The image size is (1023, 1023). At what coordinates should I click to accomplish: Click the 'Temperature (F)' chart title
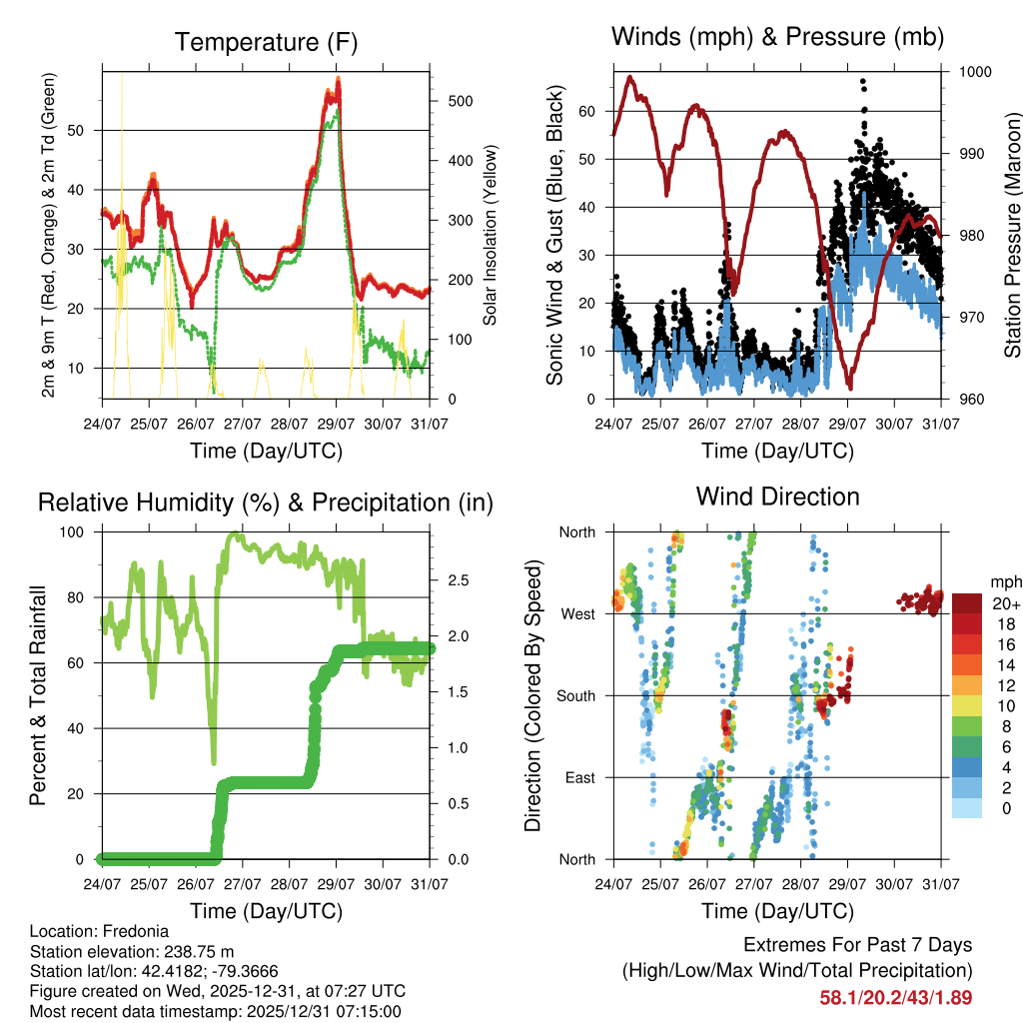[x=266, y=42]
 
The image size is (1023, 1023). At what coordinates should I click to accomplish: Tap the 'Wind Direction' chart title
[x=777, y=497]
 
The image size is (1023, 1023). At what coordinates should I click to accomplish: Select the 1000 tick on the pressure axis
[x=973, y=72]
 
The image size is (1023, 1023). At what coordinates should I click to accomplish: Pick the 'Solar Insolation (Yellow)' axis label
[x=490, y=236]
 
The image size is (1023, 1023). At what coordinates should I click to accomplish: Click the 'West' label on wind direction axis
[x=576, y=613]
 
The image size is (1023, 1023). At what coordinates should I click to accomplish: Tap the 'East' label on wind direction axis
[x=578, y=777]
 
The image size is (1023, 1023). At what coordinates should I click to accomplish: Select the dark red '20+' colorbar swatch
[x=967, y=603]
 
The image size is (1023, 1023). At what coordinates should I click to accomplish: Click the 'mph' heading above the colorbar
[x=1003, y=581]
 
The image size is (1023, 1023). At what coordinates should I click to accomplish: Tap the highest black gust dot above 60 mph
[x=862, y=81]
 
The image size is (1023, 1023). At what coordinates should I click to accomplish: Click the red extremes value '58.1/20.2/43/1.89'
[x=895, y=997]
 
